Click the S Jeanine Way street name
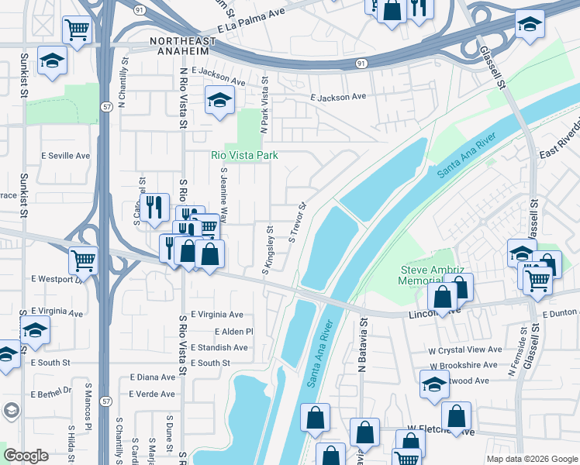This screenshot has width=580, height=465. coord(224,195)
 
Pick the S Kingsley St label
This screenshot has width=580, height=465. coord(268,250)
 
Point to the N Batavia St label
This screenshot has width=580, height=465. coord(361,341)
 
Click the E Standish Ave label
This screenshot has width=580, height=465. coord(219,348)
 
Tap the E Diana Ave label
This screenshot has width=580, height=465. coord(153,377)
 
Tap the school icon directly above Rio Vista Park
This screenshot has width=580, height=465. coord(219,100)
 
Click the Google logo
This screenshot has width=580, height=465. coord(26,456)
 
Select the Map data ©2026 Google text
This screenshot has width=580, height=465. coord(531,459)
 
